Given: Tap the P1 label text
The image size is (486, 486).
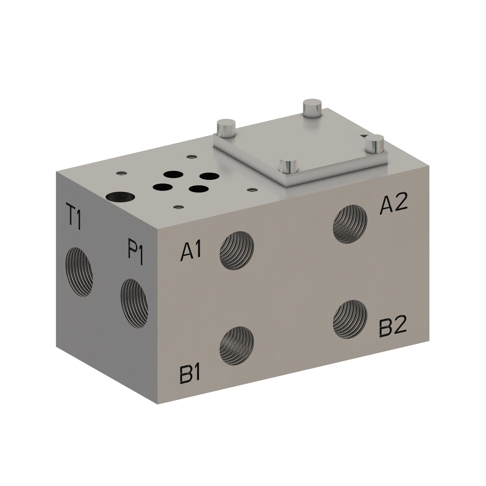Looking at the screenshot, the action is coord(135,251).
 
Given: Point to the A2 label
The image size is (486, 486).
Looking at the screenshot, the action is coord(393,206).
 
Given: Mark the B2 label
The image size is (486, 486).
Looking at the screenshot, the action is coord(393,326).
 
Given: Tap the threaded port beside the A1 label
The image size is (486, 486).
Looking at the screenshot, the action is coord(237,251).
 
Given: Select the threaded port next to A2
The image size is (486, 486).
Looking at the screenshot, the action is coord(350,224).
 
